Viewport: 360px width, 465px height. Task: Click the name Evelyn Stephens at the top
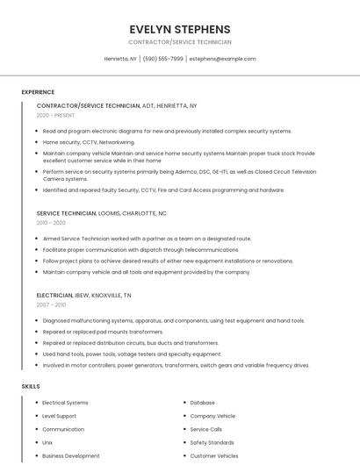tap(180, 29)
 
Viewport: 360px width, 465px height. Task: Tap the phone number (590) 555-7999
tap(162, 59)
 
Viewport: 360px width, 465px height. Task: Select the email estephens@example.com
tap(222, 59)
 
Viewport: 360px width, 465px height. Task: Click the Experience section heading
tap(38, 92)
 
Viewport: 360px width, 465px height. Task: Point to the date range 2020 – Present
tap(56, 115)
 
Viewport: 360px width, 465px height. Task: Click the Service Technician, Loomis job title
tap(101, 213)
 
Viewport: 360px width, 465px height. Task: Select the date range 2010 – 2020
tap(51, 223)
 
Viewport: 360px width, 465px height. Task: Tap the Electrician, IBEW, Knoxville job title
tap(84, 296)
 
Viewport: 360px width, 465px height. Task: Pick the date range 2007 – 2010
tap(51, 305)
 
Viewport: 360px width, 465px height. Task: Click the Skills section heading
tap(31, 386)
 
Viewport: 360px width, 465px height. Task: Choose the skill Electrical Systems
tap(65, 403)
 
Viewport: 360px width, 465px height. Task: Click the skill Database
tap(202, 403)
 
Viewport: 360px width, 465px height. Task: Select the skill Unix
tap(47, 443)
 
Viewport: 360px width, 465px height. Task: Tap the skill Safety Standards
tap(212, 443)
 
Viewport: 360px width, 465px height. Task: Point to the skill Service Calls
tap(206, 430)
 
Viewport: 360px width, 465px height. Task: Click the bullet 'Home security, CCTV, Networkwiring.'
tap(89, 141)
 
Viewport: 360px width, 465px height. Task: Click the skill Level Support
tap(59, 416)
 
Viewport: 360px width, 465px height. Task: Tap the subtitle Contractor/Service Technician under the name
tap(180, 42)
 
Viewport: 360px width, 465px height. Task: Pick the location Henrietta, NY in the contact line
tap(120, 59)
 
